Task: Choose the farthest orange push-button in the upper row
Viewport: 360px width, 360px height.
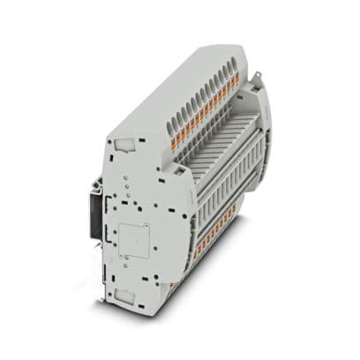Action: coord(236,79)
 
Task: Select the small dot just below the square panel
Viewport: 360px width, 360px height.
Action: coord(132,266)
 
